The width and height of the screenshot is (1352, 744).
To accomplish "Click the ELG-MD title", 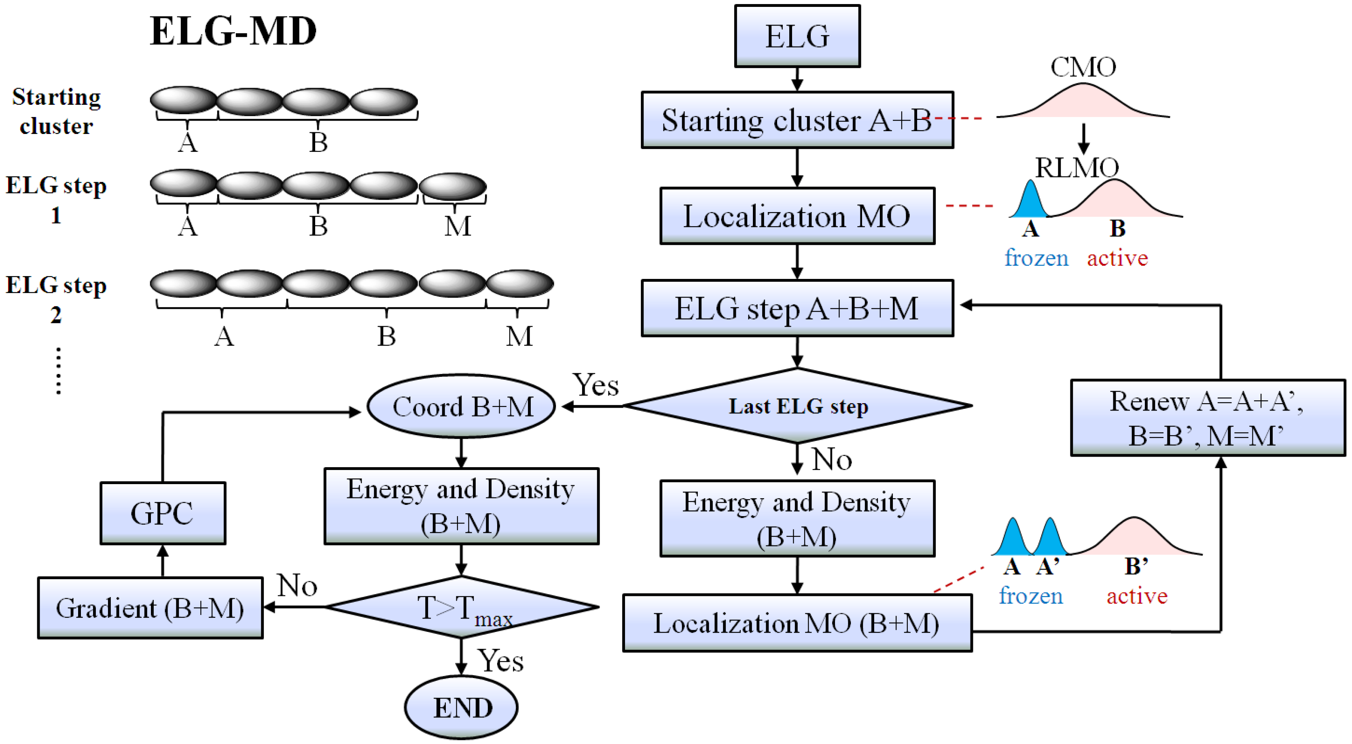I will (x=233, y=32).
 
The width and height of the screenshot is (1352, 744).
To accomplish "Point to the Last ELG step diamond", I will (x=798, y=406).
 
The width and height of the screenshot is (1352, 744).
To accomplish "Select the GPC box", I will (x=163, y=513).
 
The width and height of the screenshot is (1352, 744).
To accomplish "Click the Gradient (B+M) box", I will (x=150, y=608).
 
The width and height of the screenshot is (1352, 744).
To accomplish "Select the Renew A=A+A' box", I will (x=1207, y=418).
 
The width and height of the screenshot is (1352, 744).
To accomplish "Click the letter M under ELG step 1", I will (x=458, y=226).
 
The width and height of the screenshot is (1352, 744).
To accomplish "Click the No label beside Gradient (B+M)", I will (x=297, y=585).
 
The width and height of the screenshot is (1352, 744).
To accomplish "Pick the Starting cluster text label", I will (x=57, y=111).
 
